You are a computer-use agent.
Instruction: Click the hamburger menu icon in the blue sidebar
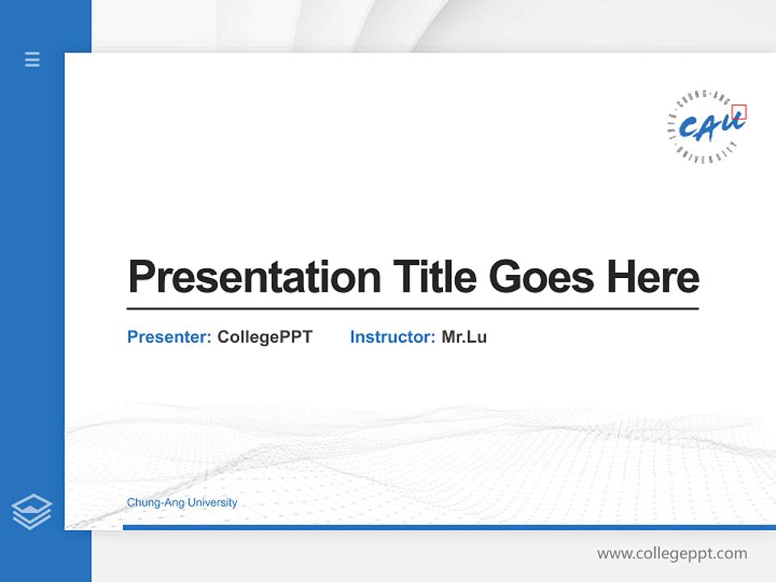[32, 59]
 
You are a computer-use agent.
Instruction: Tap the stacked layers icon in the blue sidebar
[32, 512]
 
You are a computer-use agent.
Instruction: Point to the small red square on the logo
[739, 112]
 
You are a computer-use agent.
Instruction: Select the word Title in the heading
[435, 277]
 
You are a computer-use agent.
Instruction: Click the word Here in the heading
[653, 277]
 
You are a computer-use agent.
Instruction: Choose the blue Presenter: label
[169, 337]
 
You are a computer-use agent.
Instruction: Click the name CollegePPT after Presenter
[264, 337]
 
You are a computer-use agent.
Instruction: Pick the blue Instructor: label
[392, 337]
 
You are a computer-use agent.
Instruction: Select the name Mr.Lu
[464, 337]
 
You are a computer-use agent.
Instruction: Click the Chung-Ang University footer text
[182, 503]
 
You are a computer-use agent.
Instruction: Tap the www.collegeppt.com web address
[672, 554]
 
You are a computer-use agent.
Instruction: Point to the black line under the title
[412, 308]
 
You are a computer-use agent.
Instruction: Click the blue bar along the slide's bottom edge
[449, 527]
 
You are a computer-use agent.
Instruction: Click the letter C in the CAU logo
[689, 129]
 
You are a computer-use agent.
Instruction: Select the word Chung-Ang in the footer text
[154, 503]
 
